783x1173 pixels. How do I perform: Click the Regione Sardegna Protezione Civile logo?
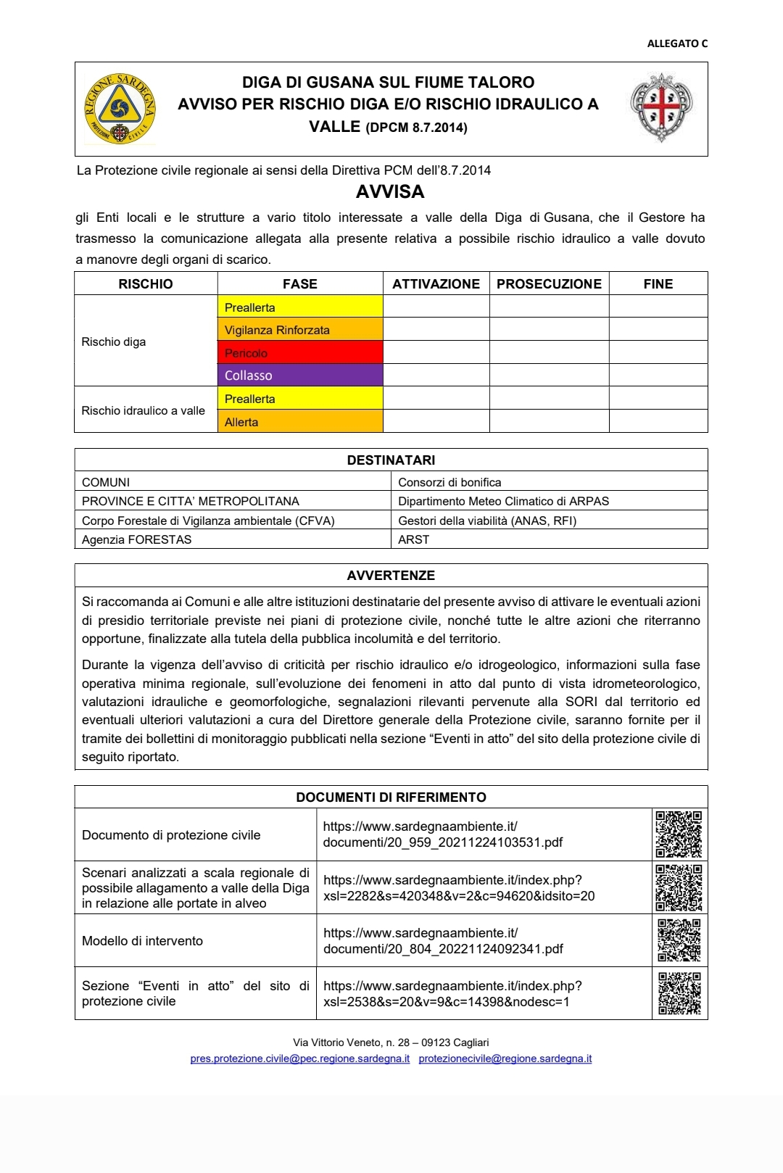tap(120, 109)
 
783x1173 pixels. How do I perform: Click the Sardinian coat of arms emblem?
tap(660, 107)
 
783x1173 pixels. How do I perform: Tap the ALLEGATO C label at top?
tap(676, 43)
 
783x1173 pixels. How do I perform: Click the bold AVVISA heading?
tap(390, 192)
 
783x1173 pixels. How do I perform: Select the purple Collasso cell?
tap(300, 376)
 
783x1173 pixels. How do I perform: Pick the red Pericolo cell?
tap(300, 353)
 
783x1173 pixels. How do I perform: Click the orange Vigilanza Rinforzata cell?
tap(300, 330)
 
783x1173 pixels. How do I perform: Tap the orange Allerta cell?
tap(300, 422)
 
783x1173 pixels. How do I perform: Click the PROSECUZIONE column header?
tap(549, 284)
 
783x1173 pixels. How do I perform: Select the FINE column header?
tap(658, 284)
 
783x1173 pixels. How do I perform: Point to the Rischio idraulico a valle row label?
tap(144, 410)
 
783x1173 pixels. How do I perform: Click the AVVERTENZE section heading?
tap(391, 576)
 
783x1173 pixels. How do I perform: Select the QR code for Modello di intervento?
tap(679, 940)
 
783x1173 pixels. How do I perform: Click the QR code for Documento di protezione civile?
tap(679, 834)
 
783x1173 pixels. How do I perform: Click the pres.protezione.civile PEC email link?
tap(299, 1058)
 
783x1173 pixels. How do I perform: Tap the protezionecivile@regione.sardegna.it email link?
tap(505, 1058)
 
